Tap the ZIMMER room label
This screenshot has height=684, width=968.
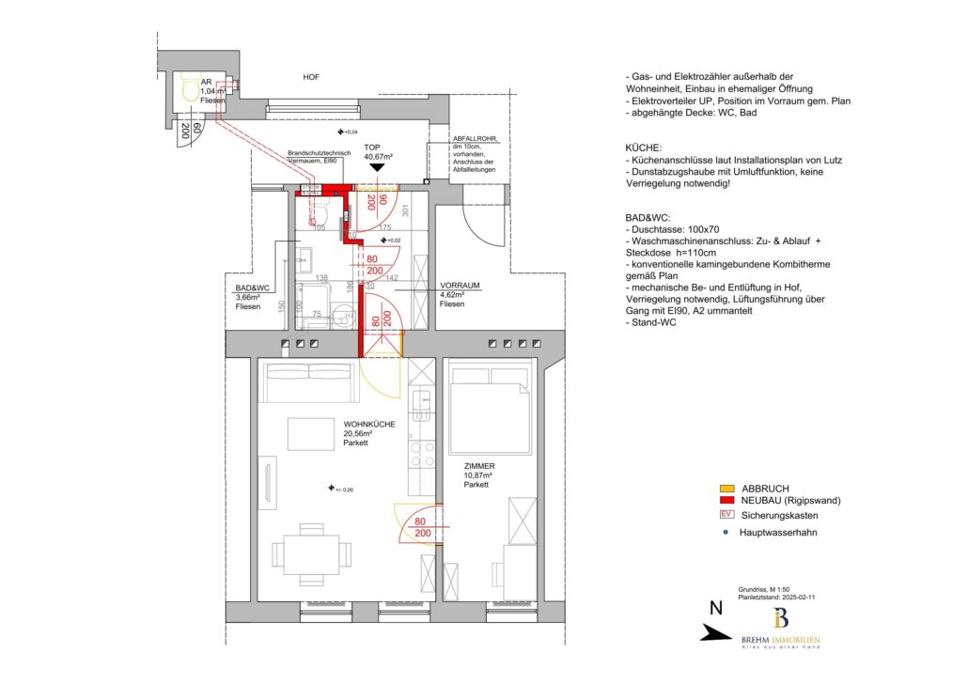[478, 466]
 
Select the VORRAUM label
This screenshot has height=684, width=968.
[461, 285]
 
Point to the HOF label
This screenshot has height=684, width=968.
[311, 77]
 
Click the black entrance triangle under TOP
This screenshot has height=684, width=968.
[378, 167]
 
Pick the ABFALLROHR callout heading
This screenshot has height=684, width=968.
[476, 139]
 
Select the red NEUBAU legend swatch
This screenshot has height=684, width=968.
[726, 501]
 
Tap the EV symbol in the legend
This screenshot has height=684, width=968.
[726, 515]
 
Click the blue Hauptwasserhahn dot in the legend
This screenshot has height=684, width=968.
[726, 532]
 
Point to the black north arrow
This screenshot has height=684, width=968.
[717, 634]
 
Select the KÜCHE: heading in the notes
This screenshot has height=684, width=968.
[645, 148]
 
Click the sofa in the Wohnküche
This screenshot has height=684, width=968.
[310, 382]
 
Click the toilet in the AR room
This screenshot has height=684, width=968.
[192, 91]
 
